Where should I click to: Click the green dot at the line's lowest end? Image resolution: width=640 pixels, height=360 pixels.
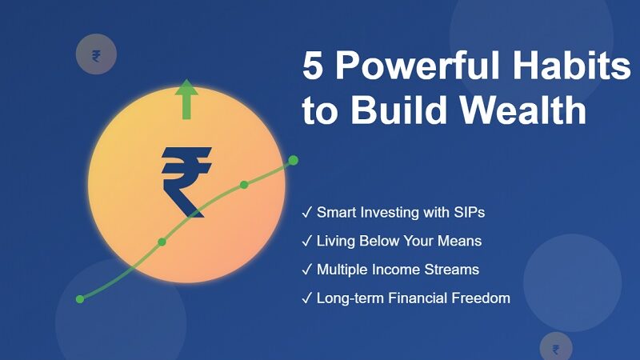[80, 299]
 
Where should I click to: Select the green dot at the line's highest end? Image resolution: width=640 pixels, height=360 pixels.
[293, 161]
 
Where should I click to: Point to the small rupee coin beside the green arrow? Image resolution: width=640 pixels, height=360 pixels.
[96, 55]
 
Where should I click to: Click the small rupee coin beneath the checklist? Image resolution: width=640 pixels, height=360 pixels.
[556, 348]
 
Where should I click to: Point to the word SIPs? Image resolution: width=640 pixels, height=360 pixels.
[468, 213]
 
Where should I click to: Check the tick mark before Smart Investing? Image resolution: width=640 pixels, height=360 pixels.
[307, 213]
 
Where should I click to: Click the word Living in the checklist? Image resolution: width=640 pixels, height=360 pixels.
[335, 241]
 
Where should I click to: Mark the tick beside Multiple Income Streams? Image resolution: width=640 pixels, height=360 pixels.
[307, 270]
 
